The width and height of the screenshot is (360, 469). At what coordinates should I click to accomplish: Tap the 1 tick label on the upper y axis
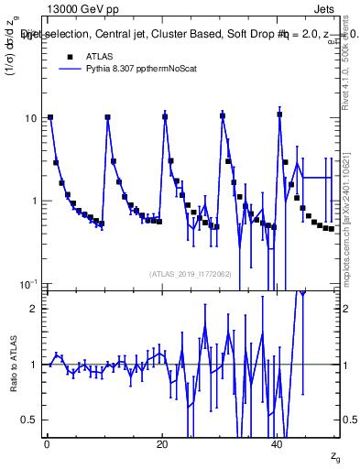tap(33, 202)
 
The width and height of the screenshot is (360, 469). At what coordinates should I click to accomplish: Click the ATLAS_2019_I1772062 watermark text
tap(191, 274)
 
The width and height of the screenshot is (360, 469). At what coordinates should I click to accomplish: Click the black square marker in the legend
tap(55, 56)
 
